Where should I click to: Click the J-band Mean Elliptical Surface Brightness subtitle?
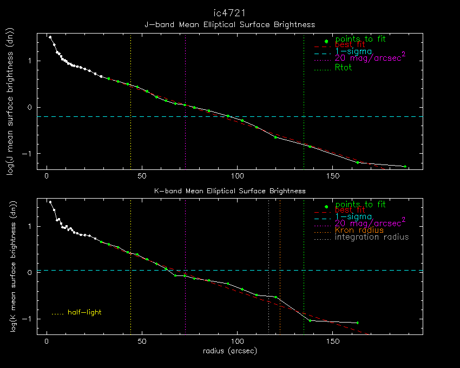pyautogui.click(x=229, y=24)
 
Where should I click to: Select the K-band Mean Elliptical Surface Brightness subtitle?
pyautogui.click(x=229, y=190)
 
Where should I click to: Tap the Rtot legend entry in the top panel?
pyautogui.click(x=344, y=68)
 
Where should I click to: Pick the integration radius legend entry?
pyautogui.click(x=372, y=237)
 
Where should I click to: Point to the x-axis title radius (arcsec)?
pyautogui.click(x=229, y=351)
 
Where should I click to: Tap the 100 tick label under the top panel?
pyautogui.click(x=238, y=176)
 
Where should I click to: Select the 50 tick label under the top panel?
pyautogui.click(x=142, y=176)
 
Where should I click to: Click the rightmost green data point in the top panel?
pyautogui.click(x=405, y=167)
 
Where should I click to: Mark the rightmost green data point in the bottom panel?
pyautogui.click(x=358, y=323)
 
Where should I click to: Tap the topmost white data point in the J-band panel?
pyautogui.click(x=50, y=37)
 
